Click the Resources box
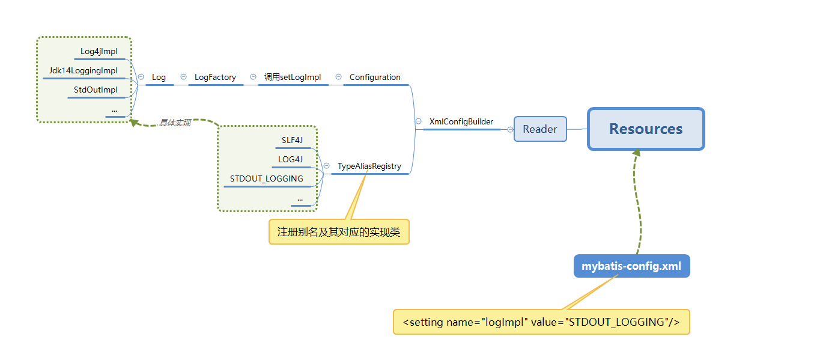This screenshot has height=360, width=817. click(x=646, y=129)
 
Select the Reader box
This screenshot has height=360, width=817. click(x=540, y=129)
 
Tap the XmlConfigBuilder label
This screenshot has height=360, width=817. click(x=461, y=122)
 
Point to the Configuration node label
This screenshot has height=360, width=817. click(x=375, y=78)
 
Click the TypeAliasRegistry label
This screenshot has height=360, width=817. click(x=369, y=166)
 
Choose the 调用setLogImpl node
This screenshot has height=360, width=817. click(x=293, y=78)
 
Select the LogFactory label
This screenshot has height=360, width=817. click(x=215, y=78)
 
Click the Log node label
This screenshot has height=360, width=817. click(x=159, y=78)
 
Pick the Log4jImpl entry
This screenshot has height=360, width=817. click(x=99, y=52)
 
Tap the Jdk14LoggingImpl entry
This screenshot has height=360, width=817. click(x=84, y=71)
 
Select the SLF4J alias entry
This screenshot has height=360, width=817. click(x=293, y=141)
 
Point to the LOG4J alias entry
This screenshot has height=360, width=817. click(x=291, y=160)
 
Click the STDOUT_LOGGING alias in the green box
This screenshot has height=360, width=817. click(x=267, y=179)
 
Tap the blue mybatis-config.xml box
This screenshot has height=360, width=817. click(x=631, y=266)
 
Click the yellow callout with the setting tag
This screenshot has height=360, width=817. click(x=541, y=322)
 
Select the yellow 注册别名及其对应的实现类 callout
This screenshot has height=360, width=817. click(x=339, y=231)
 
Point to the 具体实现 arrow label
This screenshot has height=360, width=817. click(x=175, y=123)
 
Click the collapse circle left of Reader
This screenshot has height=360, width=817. click(x=510, y=129)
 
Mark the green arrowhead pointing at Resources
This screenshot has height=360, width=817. click(x=636, y=153)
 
